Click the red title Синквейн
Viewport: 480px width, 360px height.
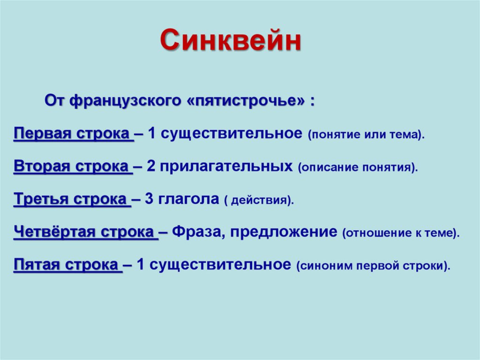[231, 40]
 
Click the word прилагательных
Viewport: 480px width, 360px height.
[226, 167]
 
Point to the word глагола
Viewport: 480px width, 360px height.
[188, 199]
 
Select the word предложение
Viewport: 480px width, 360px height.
[284, 232]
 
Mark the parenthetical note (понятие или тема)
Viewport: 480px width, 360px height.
[366, 135]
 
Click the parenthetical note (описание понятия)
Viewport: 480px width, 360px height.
[358, 168]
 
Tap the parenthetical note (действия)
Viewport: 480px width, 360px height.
[259, 201]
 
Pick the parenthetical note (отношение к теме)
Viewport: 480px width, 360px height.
[401, 233]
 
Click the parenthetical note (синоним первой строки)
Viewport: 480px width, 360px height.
[373, 266]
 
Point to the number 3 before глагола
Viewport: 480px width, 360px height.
[149, 199]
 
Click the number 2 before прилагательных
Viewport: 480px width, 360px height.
[151, 166]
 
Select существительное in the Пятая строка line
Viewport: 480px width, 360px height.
[220, 265]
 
